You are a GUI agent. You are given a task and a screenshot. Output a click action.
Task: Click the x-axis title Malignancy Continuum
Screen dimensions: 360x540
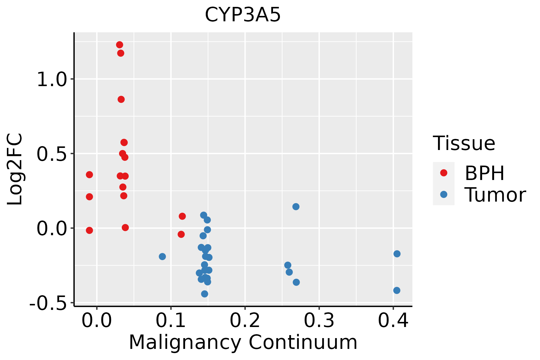pyautogui.click(x=243, y=342)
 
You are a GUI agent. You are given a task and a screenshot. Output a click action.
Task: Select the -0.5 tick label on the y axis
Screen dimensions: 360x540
pyautogui.click(x=48, y=304)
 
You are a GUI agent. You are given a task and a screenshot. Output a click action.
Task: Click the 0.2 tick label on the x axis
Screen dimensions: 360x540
pyautogui.click(x=245, y=320)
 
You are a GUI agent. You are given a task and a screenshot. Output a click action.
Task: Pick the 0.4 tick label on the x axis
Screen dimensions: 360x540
pyautogui.click(x=393, y=320)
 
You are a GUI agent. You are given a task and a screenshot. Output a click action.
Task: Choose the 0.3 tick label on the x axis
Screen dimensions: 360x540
pyautogui.click(x=319, y=320)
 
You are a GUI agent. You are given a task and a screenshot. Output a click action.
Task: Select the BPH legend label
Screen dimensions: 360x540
pyautogui.click(x=484, y=173)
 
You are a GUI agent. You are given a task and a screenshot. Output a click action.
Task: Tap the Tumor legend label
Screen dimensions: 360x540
pyautogui.click(x=495, y=195)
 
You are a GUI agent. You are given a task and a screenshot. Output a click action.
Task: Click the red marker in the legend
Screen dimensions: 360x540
pyautogui.click(x=443, y=173)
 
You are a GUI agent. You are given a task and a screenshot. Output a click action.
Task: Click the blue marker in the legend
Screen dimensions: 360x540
pyautogui.click(x=443, y=194)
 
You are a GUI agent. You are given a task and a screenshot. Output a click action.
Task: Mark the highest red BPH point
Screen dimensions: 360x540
pyautogui.click(x=120, y=45)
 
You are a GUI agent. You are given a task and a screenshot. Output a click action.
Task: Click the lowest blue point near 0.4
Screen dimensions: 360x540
pyautogui.click(x=397, y=290)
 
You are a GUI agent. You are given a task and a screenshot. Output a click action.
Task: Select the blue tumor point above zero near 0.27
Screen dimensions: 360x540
pyautogui.click(x=296, y=207)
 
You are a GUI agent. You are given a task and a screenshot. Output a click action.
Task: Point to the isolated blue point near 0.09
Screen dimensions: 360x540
pyautogui.click(x=162, y=256)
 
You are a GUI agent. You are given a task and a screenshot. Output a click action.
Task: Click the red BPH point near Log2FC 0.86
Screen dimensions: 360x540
pyautogui.click(x=121, y=100)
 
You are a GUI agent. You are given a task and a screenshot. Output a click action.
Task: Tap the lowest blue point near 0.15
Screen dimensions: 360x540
pyautogui.click(x=205, y=294)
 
